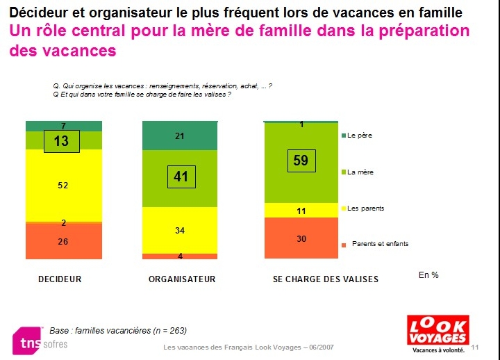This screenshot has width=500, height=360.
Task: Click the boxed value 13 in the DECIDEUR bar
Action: click(x=62, y=142)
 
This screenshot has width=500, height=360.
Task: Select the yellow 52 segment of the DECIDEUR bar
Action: click(x=63, y=186)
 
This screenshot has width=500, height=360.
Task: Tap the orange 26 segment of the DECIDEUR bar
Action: click(x=63, y=241)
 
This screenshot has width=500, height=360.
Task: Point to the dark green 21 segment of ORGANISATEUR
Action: click(x=179, y=136)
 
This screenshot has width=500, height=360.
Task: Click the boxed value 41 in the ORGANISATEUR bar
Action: click(x=181, y=177)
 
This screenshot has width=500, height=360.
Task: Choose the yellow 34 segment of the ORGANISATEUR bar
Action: click(x=179, y=230)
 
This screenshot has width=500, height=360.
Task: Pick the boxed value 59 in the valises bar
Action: click(x=301, y=161)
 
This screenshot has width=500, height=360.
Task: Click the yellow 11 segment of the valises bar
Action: click(x=301, y=210)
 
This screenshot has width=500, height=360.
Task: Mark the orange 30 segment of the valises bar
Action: click(x=301, y=238)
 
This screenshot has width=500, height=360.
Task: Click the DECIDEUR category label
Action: click(x=60, y=279)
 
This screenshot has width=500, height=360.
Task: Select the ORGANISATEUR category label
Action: click(x=182, y=279)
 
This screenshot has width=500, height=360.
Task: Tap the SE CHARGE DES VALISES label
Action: click(x=326, y=279)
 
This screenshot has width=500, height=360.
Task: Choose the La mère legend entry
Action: click(x=360, y=172)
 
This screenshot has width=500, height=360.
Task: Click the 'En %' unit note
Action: click(x=428, y=275)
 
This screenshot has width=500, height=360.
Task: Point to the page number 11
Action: click(x=475, y=347)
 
